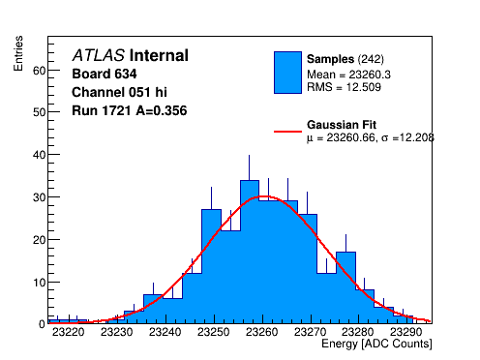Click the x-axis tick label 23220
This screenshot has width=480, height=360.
(69, 332)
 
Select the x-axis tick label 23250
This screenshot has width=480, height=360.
(214, 332)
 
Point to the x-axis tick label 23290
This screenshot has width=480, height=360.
(405, 332)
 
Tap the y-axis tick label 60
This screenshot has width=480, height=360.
(40, 71)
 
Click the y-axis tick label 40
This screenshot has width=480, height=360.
(40, 155)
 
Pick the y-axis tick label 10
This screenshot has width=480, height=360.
(40, 283)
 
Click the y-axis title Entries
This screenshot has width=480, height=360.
(18, 53)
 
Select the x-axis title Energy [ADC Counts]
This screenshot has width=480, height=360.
(376, 344)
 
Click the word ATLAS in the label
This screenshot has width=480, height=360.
(99, 55)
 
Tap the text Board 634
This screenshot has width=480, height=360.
(105, 74)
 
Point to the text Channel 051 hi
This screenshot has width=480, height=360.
(119, 92)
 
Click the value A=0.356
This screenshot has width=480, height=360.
(162, 110)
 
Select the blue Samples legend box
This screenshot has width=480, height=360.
(287, 73)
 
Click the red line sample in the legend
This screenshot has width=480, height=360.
(287, 132)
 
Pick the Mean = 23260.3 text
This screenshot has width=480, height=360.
(348, 75)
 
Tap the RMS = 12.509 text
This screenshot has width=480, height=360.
(344, 87)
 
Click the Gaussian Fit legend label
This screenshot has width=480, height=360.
(342, 125)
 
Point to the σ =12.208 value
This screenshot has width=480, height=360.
(407, 137)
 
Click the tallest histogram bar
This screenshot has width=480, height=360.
(250, 252)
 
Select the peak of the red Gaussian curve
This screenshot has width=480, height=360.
(263, 196)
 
